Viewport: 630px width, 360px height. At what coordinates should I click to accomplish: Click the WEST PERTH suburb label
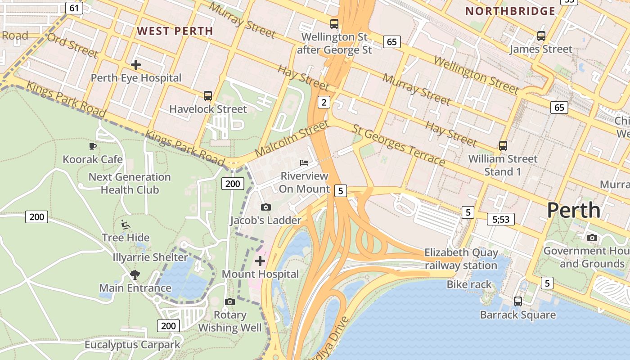pyautogui.click(x=175, y=31)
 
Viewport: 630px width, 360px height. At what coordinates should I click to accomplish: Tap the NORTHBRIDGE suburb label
pyautogui.click(x=510, y=11)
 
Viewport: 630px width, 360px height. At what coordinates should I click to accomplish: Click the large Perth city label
pyautogui.click(x=574, y=210)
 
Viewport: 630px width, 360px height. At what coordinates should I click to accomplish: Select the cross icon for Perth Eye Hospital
pyautogui.click(x=135, y=65)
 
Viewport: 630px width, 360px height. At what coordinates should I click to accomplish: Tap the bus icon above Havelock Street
pyautogui.click(x=207, y=95)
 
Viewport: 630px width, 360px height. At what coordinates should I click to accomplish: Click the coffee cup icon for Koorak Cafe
pyautogui.click(x=93, y=146)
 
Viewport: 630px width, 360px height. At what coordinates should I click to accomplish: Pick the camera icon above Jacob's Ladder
pyautogui.click(x=266, y=207)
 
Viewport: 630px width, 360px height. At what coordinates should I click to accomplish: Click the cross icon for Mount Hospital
pyautogui.click(x=260, y=261)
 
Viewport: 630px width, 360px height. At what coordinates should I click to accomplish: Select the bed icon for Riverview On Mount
pyautogui.click(x=304, y=162)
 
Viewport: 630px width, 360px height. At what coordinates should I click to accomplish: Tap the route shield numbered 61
pyautogui.click(x=74, y=8)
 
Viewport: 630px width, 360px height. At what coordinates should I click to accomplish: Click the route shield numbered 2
pyautogui.click(x=324, y=102)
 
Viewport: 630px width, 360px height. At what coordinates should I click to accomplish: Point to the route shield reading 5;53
pyautogui.click(x=500, y=219)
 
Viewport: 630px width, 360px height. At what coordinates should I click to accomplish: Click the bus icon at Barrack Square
pyautogui.click(x=518, y=301)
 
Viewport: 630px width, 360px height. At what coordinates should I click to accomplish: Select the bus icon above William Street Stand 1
pyautogui.click(x=503, y=146)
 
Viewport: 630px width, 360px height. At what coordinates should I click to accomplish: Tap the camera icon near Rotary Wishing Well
pyautogui.click(x=230, y=301)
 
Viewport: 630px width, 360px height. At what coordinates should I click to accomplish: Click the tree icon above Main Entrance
pyautogui.click(x=135, y=274)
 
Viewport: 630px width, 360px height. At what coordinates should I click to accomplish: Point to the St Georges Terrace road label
pyautogui.click(x=399, y=145)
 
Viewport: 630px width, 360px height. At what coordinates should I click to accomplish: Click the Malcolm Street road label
pyautogui.click(x=292, y=139)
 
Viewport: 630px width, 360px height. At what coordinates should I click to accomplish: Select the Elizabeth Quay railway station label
pyautogui.click(x=461, y=259)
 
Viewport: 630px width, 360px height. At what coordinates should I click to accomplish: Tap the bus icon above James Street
pyautogui.click(x=541, y=36)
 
